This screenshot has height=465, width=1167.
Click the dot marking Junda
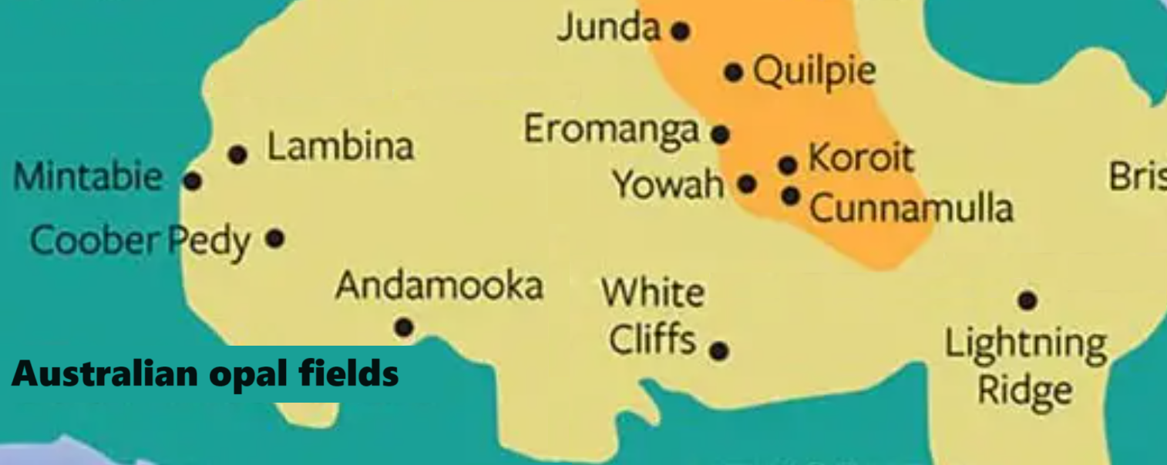pos(680,32)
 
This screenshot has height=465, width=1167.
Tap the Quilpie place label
pos(815,72)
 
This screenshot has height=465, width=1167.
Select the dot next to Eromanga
pos(720,135)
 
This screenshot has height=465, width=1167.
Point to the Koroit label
pos(860,159)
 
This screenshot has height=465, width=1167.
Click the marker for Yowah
pos(746,184)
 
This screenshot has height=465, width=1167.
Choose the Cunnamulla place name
pos(911,208)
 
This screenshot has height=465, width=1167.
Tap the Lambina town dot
pos(237,155)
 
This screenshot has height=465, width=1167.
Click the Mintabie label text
pos(88,178)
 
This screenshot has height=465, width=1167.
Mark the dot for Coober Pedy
pos(275,238)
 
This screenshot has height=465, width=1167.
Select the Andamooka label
pos(439,286)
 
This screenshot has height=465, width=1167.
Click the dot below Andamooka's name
pos(404,327)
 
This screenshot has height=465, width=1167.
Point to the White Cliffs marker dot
pos(719,351)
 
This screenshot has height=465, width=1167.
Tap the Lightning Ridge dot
pos(1027,299)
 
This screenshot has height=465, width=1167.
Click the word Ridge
pos(1025,390)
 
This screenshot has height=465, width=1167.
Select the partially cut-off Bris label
pos(1138,176)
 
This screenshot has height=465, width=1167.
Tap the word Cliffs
pos(652,340)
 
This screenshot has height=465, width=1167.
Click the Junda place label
pos(609,28)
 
